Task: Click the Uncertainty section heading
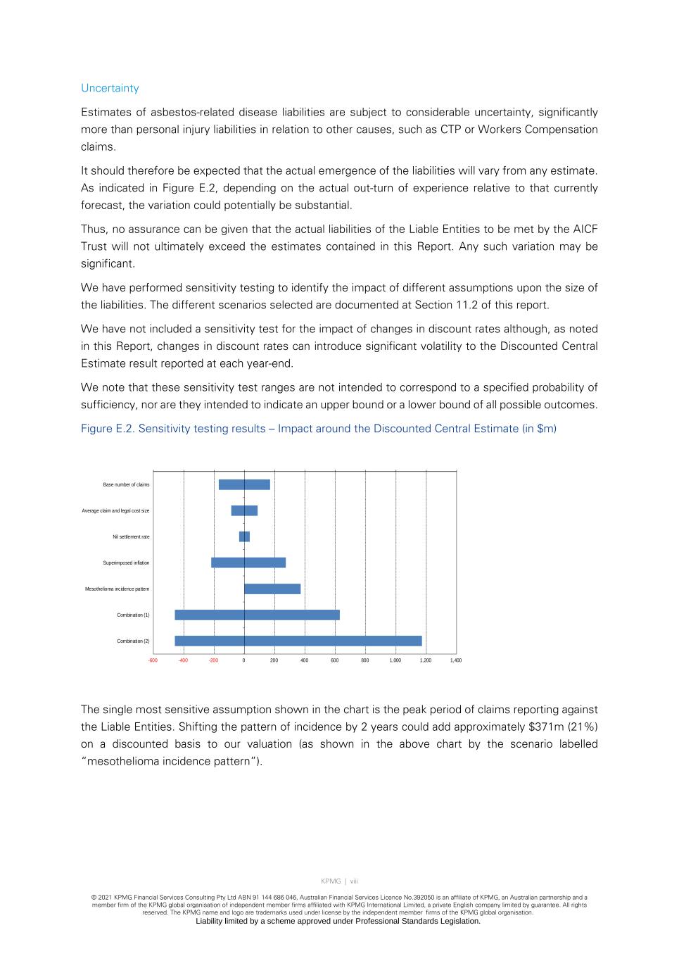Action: pyautogui.click(x=110, y=88)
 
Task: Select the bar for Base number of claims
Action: pyautogui.click(x=244, y=484)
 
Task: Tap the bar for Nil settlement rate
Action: pyautogui.click(x=244, y=536)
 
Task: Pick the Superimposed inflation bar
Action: pyautogui.click(x=248, y=563)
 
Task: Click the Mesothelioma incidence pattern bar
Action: pyautogui.click(x=272, y=589)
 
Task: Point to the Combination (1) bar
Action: pyautogui.click(x=257, y=615)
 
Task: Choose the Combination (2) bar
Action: pyautogui.click(x=298, y=641)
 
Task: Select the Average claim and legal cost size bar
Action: pyautogui.click(x=244, y=510)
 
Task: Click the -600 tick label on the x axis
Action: pyautogui.click(x=153, y=660)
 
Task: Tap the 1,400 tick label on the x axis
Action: pyautogui.click(x=456, y=660)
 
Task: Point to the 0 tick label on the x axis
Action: pyautogui.click(x=244, y=660)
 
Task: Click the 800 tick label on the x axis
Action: pyautogui.click(x=365, y=660)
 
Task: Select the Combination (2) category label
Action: pyautogui.click(x=133, y=641)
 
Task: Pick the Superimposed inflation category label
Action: pyautogui.click(x=126, y=563)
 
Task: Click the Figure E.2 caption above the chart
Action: pyautogui.click(x=318, y=429)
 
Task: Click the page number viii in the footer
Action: pyautogui.click(x=354, y=881)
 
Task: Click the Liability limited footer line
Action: pyautogui.click(x=338, y=921)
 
